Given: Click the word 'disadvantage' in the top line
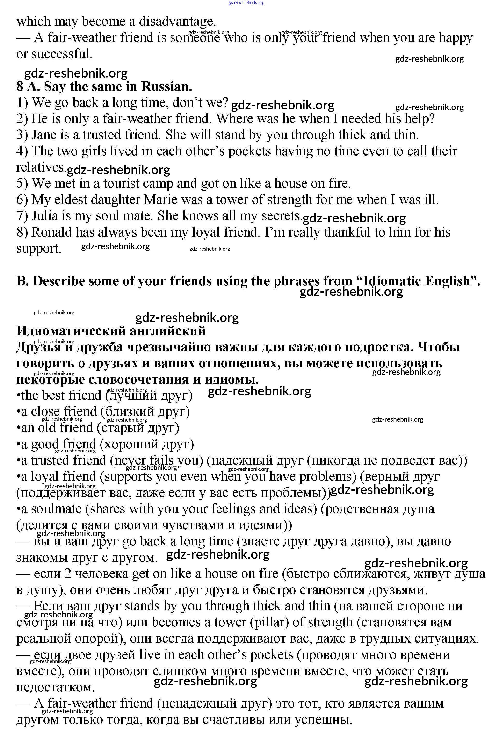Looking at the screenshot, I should (177, 22).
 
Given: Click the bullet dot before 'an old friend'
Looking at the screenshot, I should (18, 428).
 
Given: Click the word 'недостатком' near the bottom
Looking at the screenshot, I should (55, 687).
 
